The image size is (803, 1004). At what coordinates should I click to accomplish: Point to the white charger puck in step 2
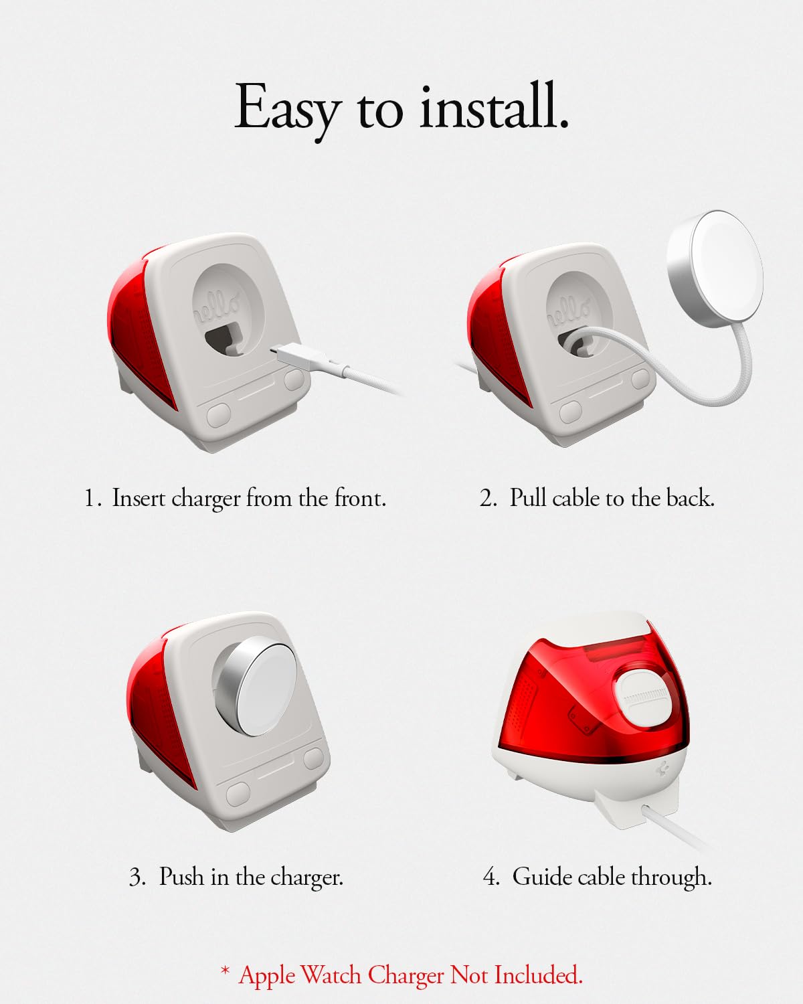715,270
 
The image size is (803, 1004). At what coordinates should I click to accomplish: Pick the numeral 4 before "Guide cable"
492,877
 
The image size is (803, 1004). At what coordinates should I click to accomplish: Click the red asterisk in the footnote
225,969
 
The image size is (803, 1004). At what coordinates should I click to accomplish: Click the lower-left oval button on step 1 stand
218,414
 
